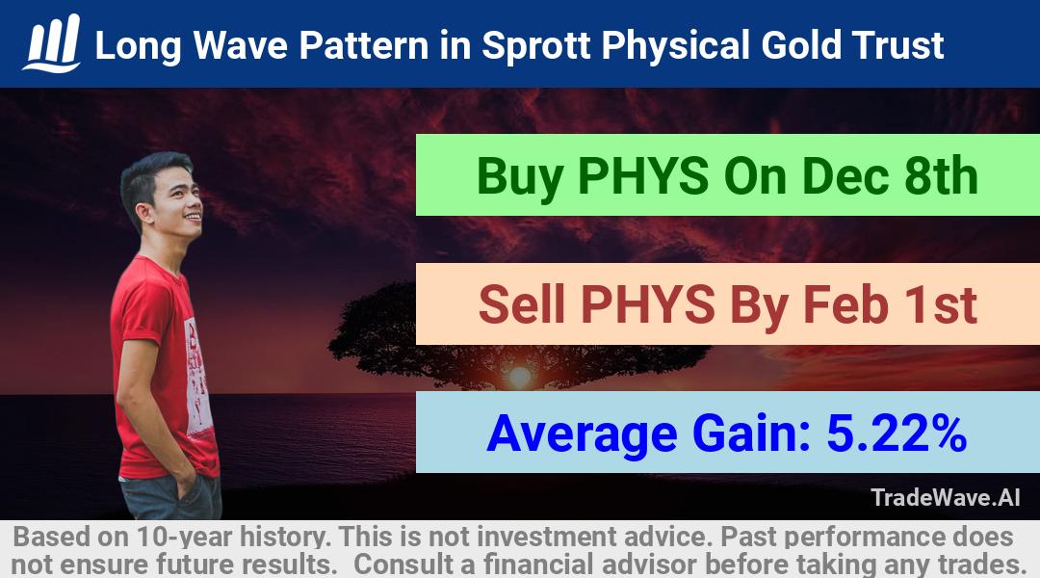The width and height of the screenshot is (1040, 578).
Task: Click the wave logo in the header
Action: (52, 43)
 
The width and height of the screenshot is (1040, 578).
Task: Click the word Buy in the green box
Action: (519, 177)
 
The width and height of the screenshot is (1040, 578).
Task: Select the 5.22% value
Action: (897, 433)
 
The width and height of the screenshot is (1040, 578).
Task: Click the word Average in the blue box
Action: (582, 434)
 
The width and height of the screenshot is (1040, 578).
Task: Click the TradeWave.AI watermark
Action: (946, 497)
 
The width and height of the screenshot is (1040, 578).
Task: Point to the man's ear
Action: (143, 212)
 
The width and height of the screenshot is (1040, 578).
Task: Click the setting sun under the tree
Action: (519, 377)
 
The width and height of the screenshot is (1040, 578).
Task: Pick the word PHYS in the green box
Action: (642, 176)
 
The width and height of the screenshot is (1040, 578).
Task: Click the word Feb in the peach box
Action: (845, 304)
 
